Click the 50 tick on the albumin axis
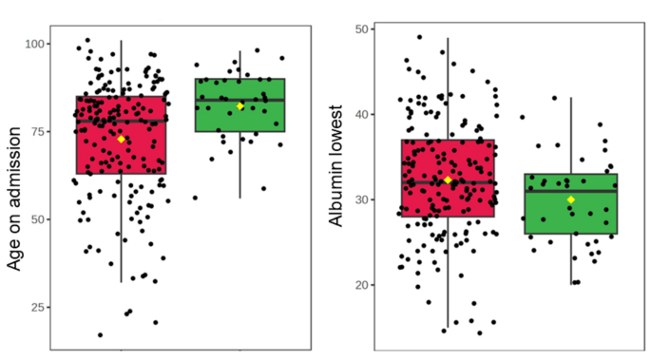tap(362, 29)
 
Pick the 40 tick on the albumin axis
tap(362, 114)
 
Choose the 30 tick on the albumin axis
tap(362, 199)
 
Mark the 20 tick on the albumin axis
tap(362, 285)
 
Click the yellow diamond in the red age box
tap(122, 140)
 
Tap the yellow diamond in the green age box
tap(240, 106)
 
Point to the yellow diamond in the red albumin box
tap(448, 180)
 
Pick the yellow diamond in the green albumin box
tap(571, 199)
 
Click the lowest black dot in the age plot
tap(100, 334)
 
